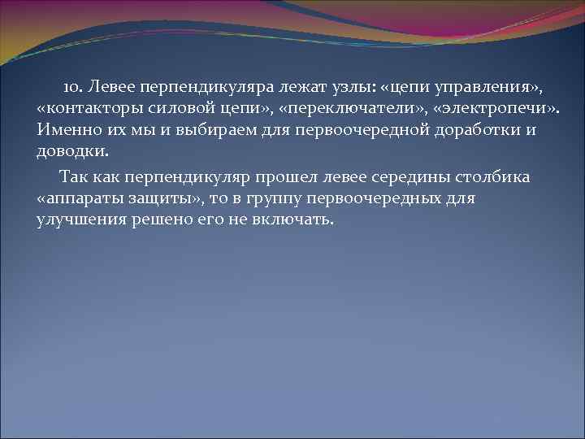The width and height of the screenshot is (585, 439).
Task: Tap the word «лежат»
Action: coord(284,85)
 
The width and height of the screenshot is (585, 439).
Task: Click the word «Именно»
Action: coord(65,130)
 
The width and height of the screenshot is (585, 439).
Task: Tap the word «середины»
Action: coord(422,176)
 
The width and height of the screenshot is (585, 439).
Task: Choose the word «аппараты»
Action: coord(82,199)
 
